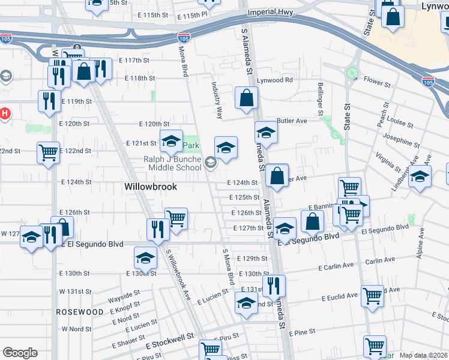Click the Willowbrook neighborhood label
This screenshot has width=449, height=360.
[151, 187]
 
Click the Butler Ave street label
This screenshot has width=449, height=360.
[291, 121]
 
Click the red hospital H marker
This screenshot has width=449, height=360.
[4, 112]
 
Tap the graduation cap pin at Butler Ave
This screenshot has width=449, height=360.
[266, 133]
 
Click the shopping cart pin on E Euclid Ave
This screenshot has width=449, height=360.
[373, 296]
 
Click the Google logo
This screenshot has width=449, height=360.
[20, 352]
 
